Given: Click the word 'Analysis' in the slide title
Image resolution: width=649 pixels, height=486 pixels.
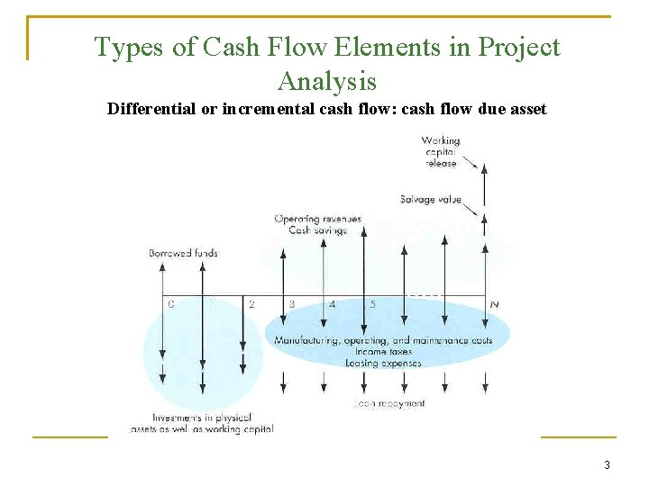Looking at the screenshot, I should [x=327, y=81].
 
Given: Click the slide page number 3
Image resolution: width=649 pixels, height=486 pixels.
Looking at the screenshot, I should [x=607, y=465].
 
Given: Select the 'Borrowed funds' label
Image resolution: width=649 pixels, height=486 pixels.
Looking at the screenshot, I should [x=183, y=253].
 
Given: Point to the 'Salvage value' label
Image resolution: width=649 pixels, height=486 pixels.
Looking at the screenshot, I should [x=431, y=199].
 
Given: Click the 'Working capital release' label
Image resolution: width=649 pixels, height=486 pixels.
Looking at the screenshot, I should [x=440, y=151].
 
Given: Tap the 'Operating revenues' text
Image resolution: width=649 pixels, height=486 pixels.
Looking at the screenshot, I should [x=317, y=219].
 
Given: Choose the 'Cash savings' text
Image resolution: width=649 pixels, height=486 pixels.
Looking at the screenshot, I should [x=317, y=230].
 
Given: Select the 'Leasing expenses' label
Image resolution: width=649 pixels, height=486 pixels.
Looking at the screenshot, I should [x=382, y=364].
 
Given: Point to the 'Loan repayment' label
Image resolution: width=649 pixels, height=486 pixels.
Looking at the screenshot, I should [x=389, y=404].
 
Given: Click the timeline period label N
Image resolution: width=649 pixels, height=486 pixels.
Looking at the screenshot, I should [x=494, y=304].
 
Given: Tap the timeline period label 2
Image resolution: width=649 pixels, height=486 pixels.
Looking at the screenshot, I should [x=251, y=304].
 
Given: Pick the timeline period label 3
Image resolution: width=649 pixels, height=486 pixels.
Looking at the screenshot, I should [x=292, y=304].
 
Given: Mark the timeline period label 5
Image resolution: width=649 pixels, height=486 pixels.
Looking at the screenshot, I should [x=372, y=304].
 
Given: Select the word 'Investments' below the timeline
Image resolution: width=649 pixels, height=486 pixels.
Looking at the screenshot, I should [x=177, y=418].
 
